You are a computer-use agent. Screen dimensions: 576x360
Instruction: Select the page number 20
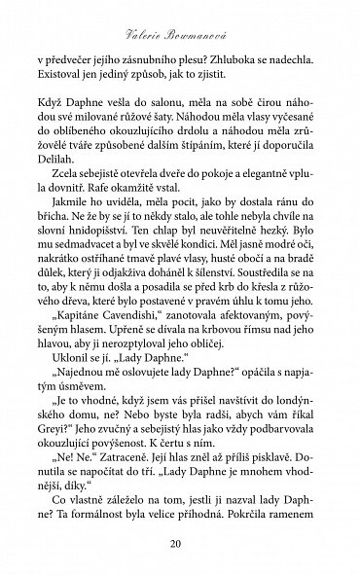tap(179, 542)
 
